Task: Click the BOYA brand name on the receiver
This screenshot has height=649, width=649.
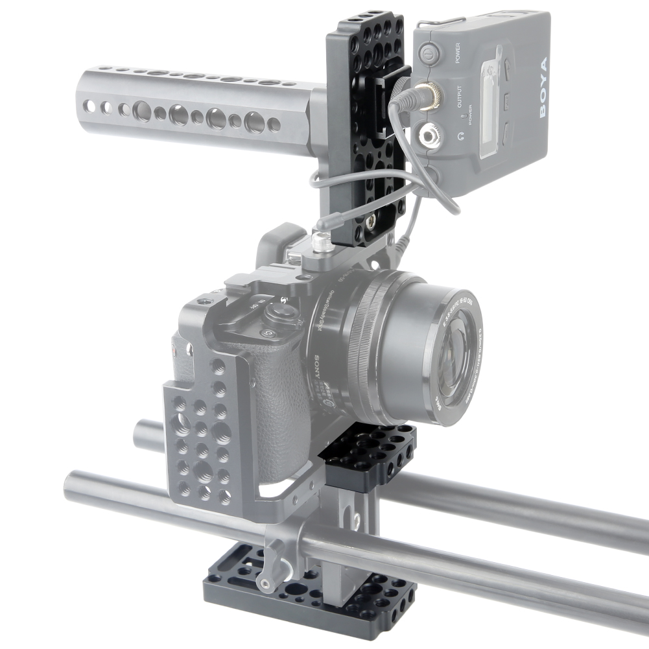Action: (x=542, y=88)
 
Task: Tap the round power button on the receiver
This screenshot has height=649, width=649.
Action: (x=427, y=51)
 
